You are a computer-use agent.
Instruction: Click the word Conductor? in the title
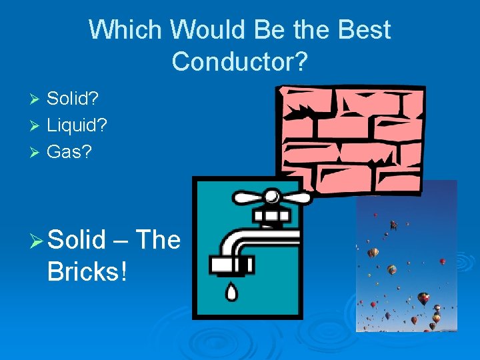point(239,61)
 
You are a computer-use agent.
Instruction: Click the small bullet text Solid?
point(73,99)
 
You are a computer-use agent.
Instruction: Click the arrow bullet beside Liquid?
point(36,126)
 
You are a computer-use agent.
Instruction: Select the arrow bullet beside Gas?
point(36,152)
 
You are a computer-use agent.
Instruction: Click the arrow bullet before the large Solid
point(37,240)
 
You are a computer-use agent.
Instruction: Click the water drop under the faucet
point(231,291)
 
